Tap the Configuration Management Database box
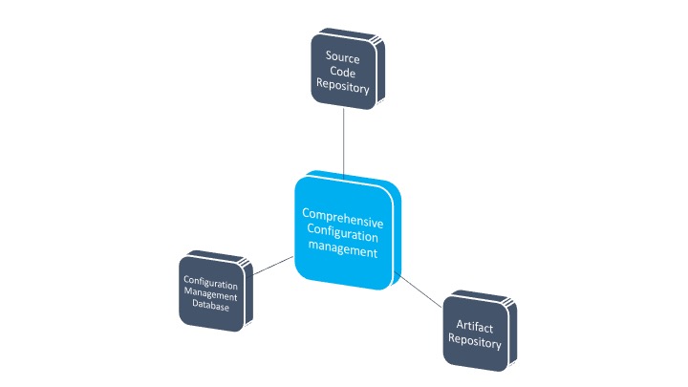pyautogui.click(x=212, y=289)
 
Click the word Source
pyautogui.click(x=342, y=57)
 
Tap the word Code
pyautogui.click(x=342, y=74)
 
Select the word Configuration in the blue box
pyautogui.click(x=341, y=233)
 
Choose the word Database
pyautogui.click(x=211, y=304)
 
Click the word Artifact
pyautogui.click(x=474, y=326)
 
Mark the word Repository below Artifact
pyautogui.click(x=474, y=342)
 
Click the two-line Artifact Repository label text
pyautogui.click(x=474, y=333)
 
